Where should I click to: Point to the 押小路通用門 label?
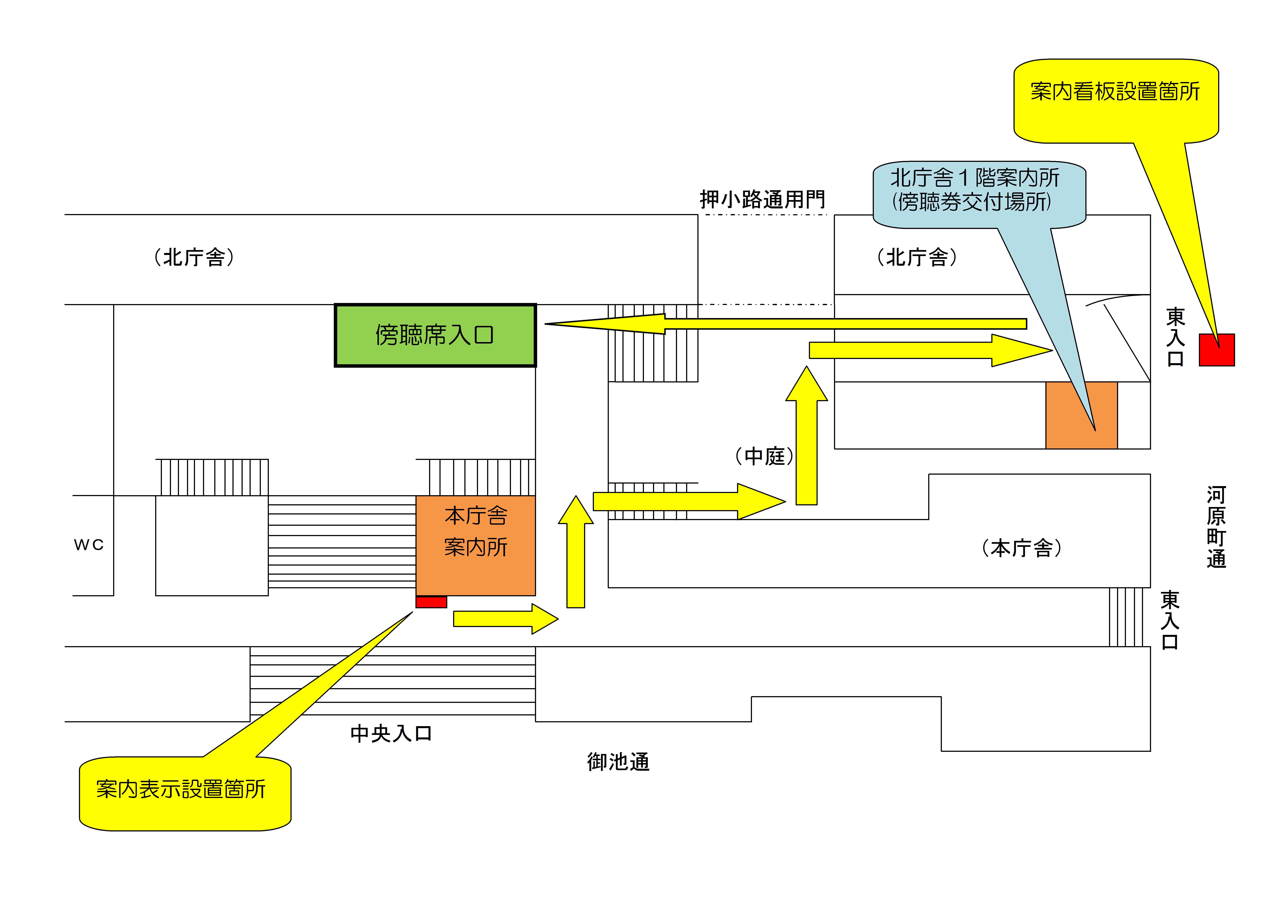pos(762,199)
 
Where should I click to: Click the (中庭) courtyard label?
pos(764,456)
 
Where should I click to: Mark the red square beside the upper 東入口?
pos(1217,350)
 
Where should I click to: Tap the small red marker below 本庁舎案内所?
pos(431,602)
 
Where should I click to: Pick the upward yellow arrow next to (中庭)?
pos(806,439)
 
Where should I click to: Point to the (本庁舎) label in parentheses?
pos(1022,548)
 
